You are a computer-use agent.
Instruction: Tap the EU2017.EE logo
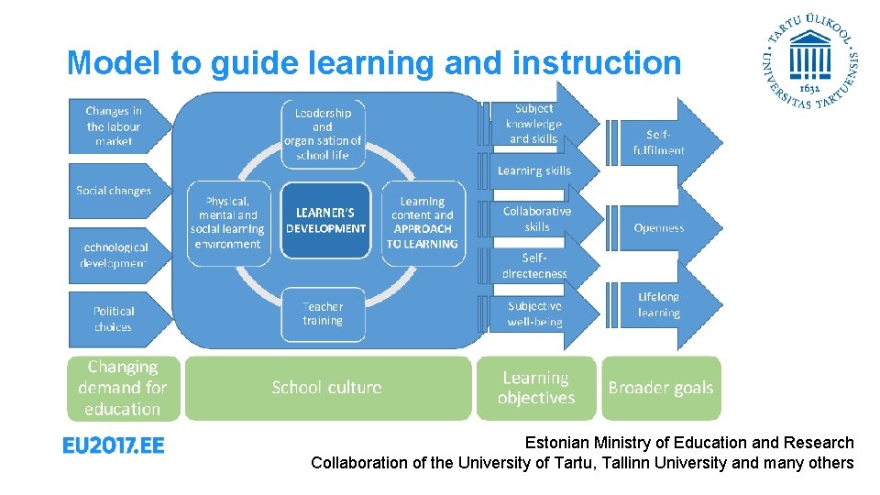114,445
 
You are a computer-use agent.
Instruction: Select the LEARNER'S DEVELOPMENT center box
325,221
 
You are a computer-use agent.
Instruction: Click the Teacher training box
323,313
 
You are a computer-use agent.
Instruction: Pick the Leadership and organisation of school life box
323,134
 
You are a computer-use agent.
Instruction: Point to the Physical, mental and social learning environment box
227,223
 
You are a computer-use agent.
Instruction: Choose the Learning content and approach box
423,223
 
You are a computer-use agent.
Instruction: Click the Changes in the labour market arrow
115,126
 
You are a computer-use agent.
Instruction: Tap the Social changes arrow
115,191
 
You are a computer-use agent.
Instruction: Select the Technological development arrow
115,255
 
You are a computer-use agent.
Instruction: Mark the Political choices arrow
115,319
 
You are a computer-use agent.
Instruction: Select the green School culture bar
327,388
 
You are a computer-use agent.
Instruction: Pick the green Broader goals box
660,388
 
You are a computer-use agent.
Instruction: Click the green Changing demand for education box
122,388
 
